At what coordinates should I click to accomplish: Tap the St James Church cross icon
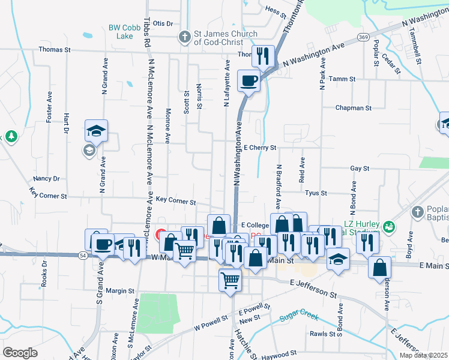point(186,37)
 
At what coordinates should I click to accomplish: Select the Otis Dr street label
point(163,23)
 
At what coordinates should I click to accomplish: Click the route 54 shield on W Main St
point(82,256)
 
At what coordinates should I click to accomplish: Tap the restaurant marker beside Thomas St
point(263,57)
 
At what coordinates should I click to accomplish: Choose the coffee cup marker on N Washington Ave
point(249,80)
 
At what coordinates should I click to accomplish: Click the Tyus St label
point(315,193)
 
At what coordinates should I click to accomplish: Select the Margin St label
point(119,291)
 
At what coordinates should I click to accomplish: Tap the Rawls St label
point(322,334)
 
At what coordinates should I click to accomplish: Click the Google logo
point(20,352)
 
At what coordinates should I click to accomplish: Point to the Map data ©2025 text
point(423,355)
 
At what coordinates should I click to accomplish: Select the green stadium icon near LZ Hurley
point(388,226)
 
